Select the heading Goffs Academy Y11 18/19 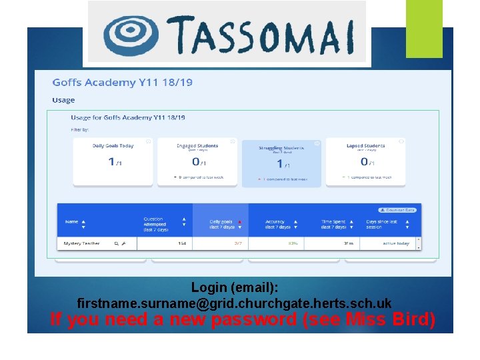point(122,83)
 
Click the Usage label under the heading point(63,100)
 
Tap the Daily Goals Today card point(113,161)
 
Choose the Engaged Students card point(197,161)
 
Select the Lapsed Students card point(365,161)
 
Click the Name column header point(72,222)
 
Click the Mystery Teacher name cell point(82,243)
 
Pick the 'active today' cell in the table point(396,243)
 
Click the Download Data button point(397,210)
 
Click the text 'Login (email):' point(235,287)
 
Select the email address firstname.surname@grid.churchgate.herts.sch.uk point(235,303)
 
